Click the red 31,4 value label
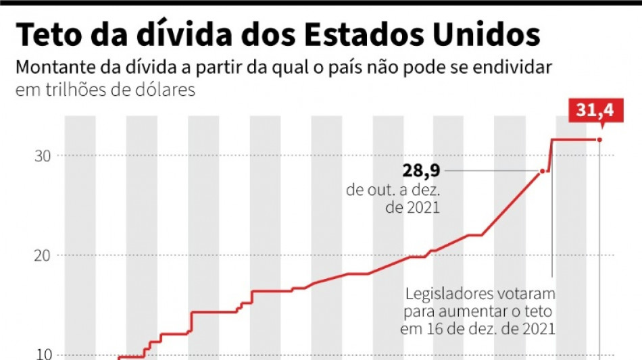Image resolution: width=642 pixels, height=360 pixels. point(595,110)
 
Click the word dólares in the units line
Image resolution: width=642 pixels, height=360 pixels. point(166,90)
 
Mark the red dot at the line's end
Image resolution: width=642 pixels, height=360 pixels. point(599,140)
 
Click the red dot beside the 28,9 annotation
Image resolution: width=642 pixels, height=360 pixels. point(542,172)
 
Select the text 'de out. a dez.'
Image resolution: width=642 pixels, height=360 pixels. point(393,190)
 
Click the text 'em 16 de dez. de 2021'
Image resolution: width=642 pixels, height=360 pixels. point(478,330)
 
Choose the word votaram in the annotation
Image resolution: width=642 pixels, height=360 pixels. point(528,295)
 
